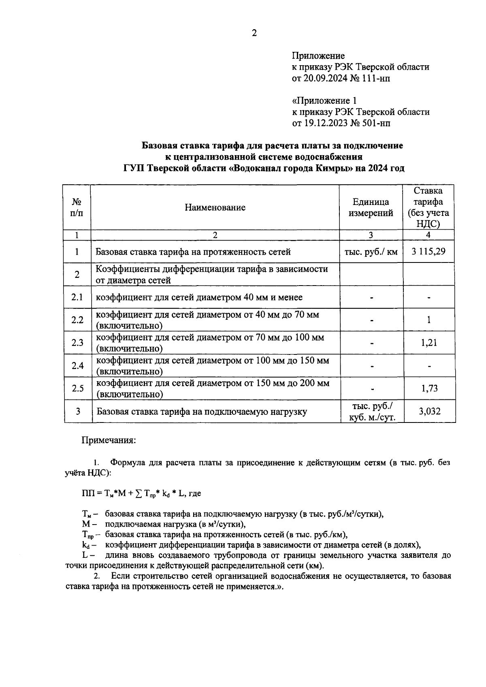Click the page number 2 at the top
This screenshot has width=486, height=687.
[254, 34]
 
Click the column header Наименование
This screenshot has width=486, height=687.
[215, 208]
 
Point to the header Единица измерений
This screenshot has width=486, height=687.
[371, 207]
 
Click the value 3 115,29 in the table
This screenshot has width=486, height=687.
[428, 252]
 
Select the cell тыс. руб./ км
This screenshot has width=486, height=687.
[371, 252]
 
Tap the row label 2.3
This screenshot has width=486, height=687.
[77, 343]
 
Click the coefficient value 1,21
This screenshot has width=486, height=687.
[429, 343]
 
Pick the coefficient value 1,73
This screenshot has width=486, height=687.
[429, 388]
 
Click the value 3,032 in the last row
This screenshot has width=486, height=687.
[429, 412]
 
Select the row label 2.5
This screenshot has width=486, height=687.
[77, 388]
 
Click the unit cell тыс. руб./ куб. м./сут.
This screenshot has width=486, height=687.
[372, 412]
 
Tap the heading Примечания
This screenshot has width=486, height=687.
[109, 440]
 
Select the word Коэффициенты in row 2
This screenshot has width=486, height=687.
[124, 269]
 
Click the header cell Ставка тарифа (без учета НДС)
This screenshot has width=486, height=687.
[428, 207]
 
